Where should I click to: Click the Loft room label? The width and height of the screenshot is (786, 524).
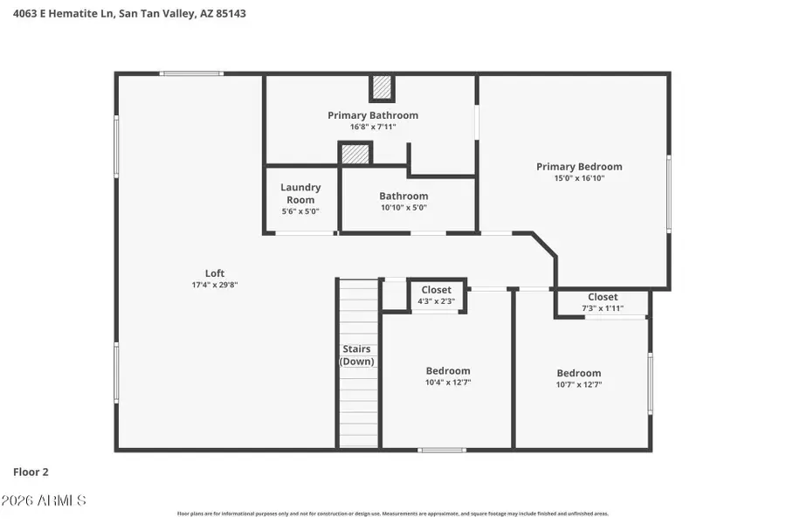(215, 272)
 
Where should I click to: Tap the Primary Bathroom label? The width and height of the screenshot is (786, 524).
(373, 115)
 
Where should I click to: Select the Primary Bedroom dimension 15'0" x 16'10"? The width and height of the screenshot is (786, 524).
(579, 178)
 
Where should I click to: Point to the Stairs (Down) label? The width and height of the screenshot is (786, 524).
(356, 355)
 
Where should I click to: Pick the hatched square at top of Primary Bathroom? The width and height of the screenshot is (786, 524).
(382, 87)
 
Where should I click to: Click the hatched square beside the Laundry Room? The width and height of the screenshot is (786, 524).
(355, 154)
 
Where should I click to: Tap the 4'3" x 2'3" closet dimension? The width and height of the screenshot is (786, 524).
(437, 301)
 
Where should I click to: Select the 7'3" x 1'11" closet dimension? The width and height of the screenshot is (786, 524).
(603, 308)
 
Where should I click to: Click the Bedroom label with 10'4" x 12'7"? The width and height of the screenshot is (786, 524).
(448, 370)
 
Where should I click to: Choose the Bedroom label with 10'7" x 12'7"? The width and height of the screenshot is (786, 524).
(579, 373)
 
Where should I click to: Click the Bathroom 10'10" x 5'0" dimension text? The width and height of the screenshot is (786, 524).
(403, 208)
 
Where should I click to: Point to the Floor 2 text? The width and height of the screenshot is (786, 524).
(31, 472)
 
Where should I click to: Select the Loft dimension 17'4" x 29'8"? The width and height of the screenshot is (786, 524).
(215, 285)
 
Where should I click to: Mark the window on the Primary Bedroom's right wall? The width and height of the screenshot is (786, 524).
(669, 194)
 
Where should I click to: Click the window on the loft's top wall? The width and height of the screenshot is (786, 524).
(191, 73)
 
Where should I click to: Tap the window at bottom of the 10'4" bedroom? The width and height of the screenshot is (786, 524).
(441, 450)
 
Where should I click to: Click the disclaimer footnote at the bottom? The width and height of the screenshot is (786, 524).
(393, 514)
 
